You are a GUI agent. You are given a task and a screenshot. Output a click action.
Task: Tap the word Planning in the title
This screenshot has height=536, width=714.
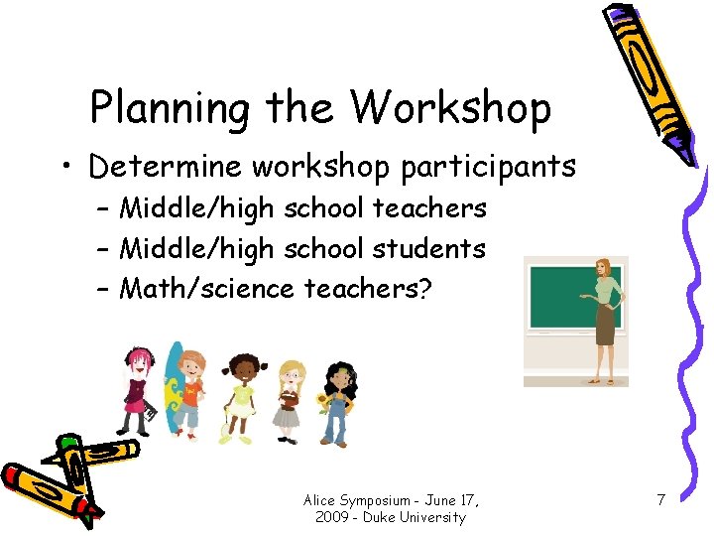point(169,108)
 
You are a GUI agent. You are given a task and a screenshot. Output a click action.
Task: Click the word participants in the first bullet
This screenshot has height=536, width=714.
point(488,167)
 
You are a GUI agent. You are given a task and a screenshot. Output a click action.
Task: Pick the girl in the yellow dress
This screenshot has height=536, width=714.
point(240,397)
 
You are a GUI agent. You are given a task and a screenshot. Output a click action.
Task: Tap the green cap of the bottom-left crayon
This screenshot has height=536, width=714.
point(68,443)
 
